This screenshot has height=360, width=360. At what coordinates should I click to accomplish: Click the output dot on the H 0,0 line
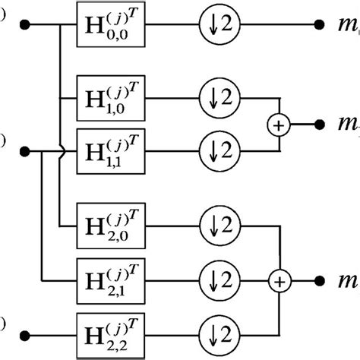pos(319,24)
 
